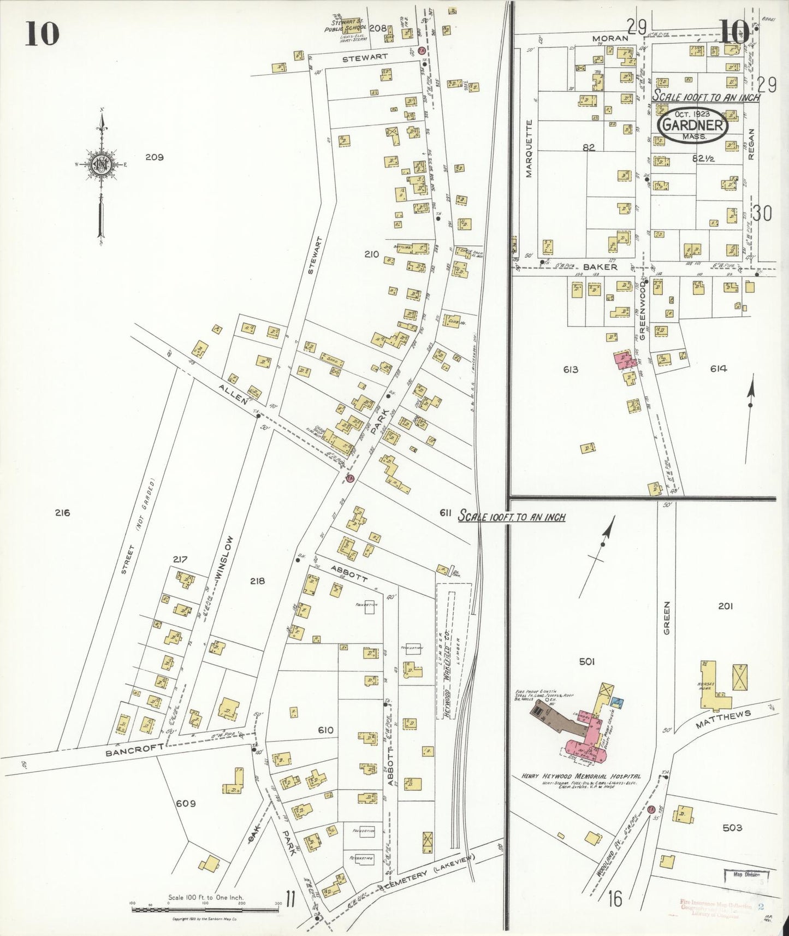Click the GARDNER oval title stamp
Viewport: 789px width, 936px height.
click(693, 126)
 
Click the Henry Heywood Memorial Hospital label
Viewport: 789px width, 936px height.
click(581, 776)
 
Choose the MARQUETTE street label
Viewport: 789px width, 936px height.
click(528, 149)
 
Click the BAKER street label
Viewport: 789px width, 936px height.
click(600, 267)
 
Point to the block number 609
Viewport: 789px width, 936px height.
click(186, 803)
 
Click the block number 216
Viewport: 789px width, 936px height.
click(62, 512)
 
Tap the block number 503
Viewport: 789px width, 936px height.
click(732, 827)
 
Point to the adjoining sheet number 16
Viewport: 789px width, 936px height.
click(615, 898)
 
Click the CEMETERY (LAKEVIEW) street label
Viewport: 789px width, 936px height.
click(429, 873)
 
